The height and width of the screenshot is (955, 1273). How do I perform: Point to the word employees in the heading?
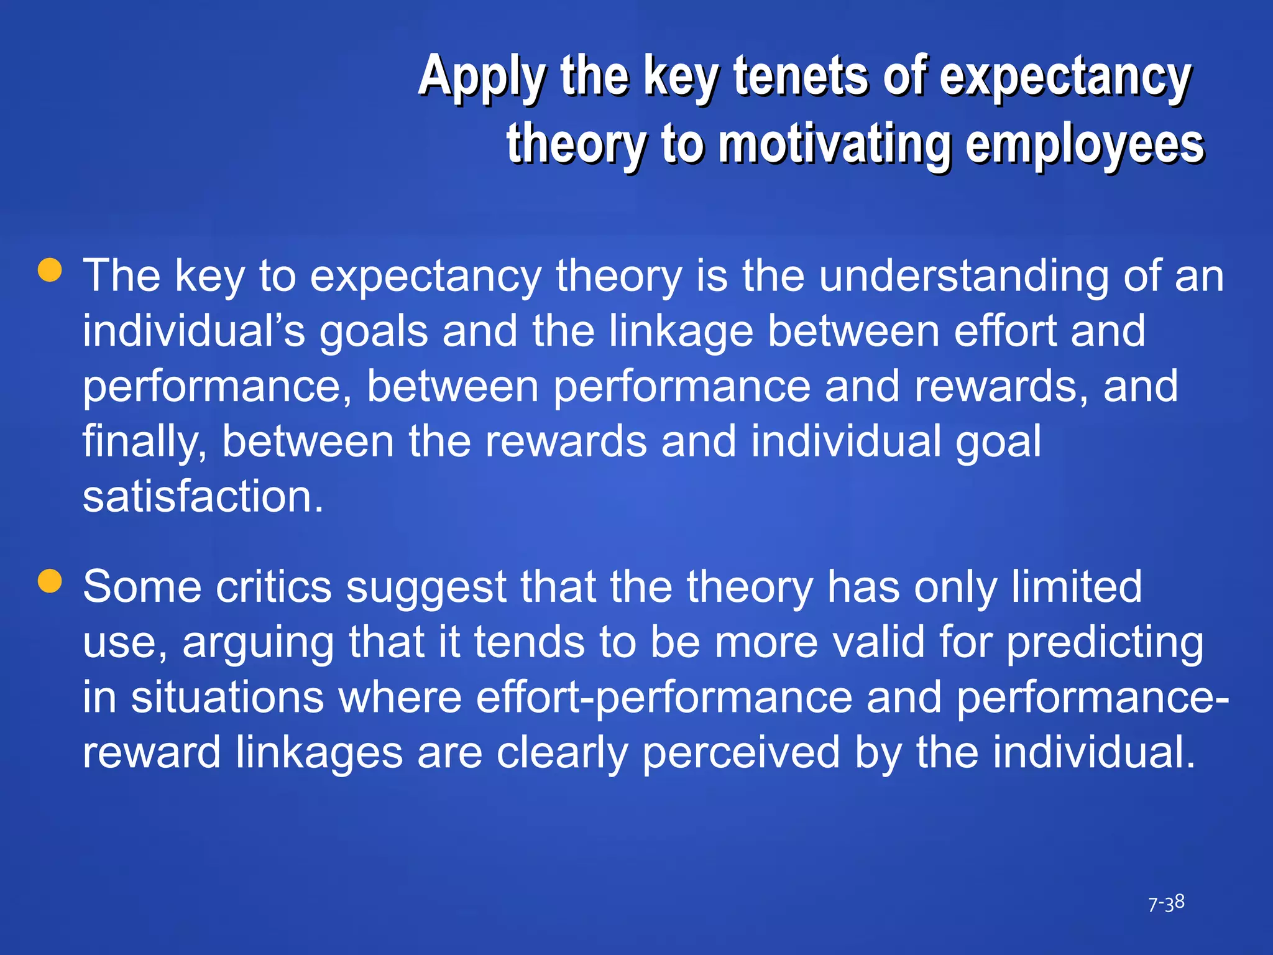(x=1085, y=144)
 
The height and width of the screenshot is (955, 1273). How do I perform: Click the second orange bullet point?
(x=50, y=581)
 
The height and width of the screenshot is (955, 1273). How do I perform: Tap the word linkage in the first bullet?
(x=681, y=331)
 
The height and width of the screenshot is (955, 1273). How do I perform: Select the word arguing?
(x=258, y=643)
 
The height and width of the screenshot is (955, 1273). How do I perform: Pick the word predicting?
(x=1105, y=643)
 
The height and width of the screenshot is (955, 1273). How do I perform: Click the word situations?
(x=227, y=697)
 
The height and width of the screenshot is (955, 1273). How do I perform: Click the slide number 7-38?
(x=1166, y=903)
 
